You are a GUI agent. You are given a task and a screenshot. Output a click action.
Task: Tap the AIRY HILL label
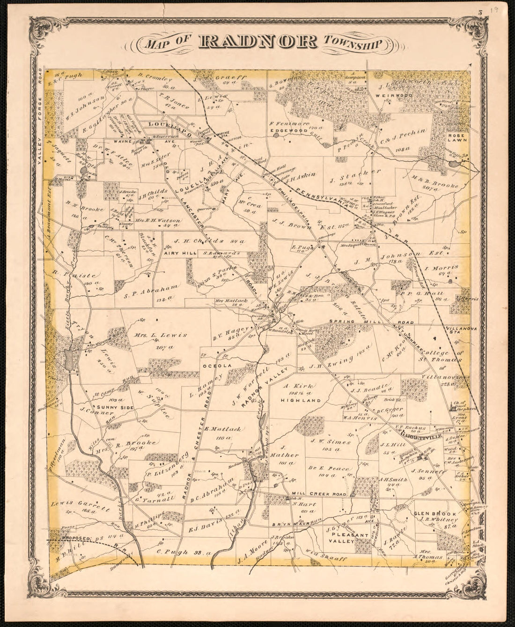176,253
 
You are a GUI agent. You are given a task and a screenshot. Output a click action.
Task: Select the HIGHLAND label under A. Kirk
294,400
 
